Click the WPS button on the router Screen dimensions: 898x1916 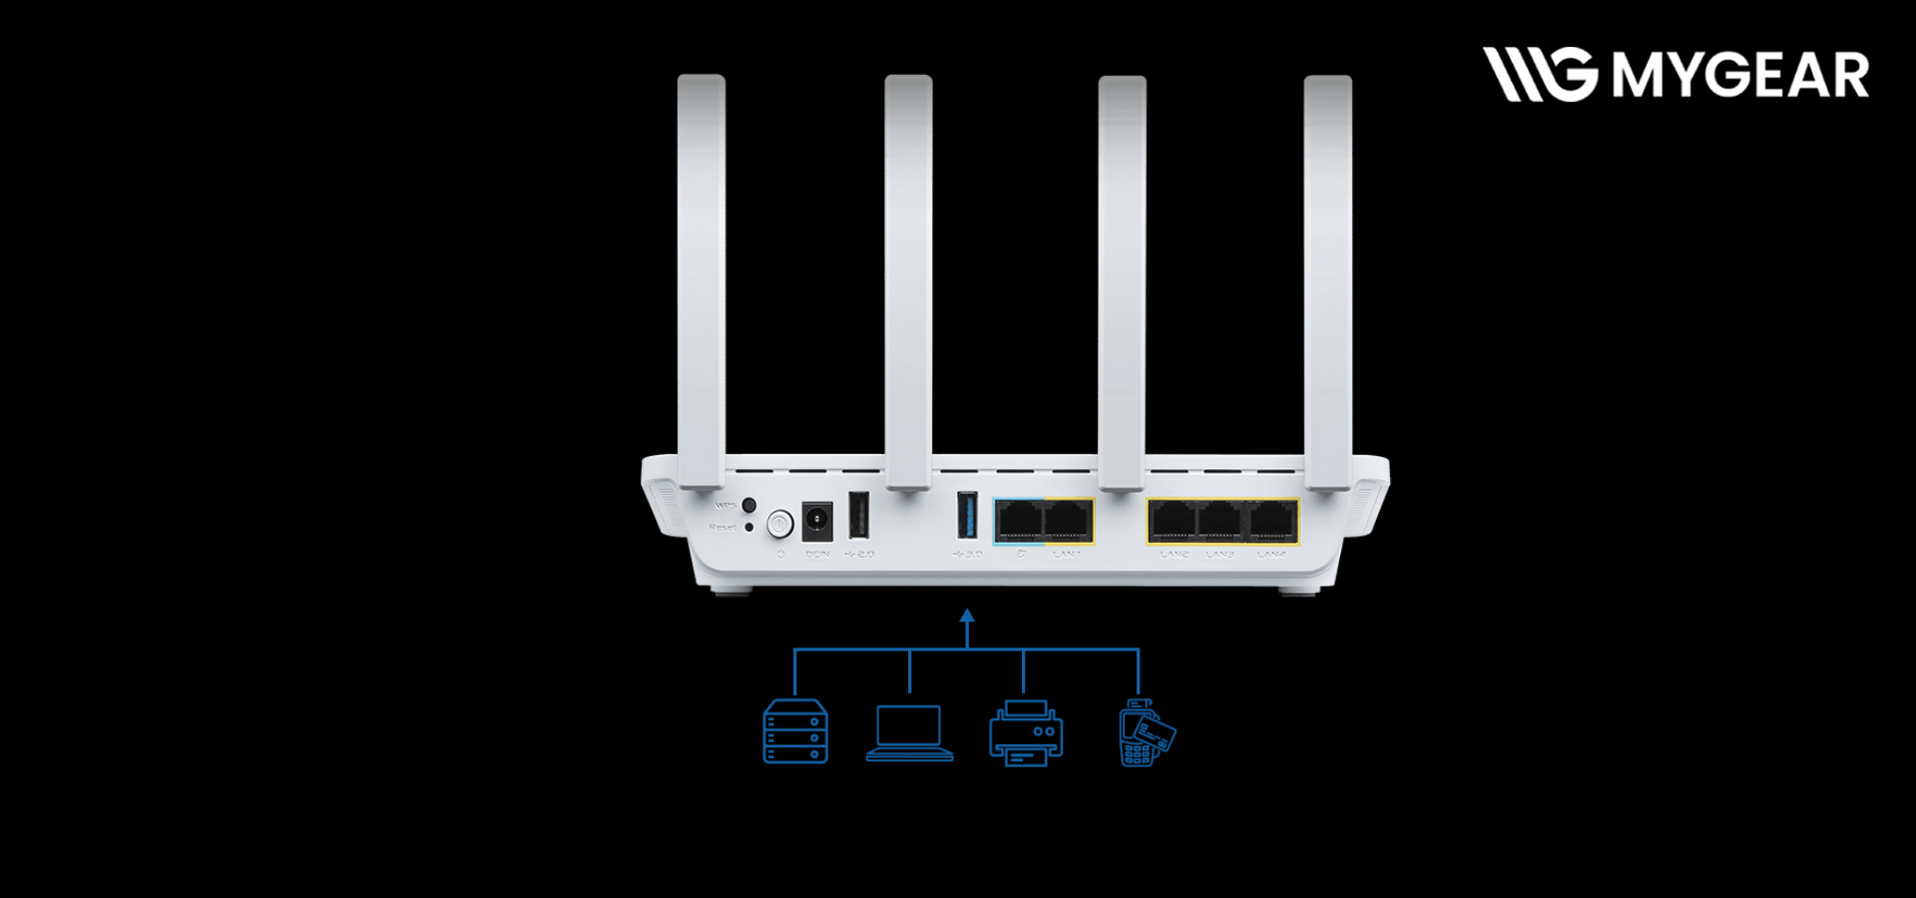click(x=748, y=506)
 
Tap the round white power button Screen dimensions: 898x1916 click(x=779, y=523)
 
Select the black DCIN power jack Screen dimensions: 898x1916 click(x=817, y=521)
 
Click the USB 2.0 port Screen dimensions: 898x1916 click(x=858, y=516)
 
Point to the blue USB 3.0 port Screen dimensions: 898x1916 click(x=967, y=516)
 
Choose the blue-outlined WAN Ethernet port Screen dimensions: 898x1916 click(x=1019, y=521)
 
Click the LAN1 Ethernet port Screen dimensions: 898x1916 click(x=1068, y=521)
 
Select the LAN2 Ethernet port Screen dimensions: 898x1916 click(x=1173, y=521)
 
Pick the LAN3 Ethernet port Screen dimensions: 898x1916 click(x=1220, y=521)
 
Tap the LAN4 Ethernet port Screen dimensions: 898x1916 click(x=1271, y=521)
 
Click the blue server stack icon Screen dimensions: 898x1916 click(x=795, y=732)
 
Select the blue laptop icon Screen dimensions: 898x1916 click(x=909, y=733)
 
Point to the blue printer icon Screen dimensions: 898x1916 click(x=1026, y=733)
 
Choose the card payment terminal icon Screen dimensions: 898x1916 click(x=1146, y=733)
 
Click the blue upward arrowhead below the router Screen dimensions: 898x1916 click(x=966, y=616)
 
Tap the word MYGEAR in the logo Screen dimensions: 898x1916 click(x=1740, y=76)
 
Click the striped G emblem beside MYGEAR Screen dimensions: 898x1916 click(x=1540, y=75)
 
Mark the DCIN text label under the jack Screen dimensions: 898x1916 click(x=817, y=554)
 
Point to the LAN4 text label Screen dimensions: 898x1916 click(x=1271, y=554)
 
